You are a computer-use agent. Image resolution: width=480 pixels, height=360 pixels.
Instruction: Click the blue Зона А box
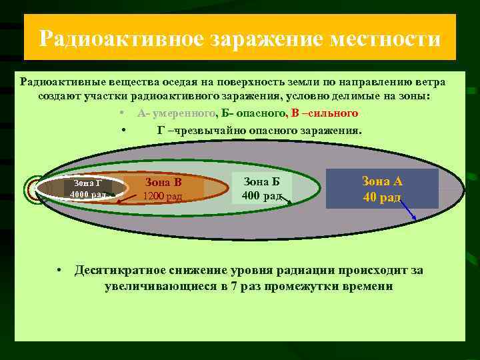(x=382, y=189)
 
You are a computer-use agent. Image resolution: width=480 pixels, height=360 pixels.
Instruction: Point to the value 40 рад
(x=382, y=197)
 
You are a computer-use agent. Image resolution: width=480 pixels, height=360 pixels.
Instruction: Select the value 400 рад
(x=262, y=195)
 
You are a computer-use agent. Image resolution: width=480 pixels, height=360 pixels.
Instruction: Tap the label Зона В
(x=163, y=182)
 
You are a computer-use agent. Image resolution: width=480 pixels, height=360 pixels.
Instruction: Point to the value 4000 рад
(x=88, y=194)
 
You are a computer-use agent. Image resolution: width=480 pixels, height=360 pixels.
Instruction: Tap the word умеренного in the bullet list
(x=182, y=114)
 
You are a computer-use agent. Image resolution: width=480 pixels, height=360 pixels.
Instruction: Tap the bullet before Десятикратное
(x=60, y=271)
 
